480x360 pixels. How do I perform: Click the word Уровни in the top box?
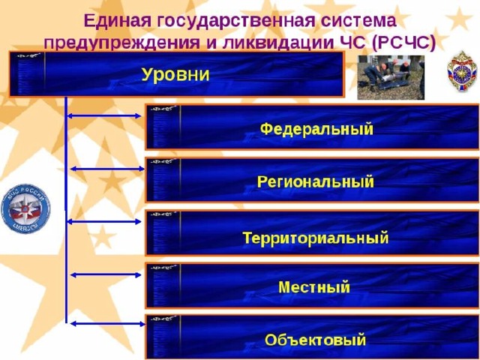point(175,74)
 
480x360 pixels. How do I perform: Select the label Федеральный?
point(316,129)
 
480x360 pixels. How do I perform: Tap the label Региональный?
point(315,181)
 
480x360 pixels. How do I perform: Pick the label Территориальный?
point(316,238)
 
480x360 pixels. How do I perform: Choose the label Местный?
point(314,287)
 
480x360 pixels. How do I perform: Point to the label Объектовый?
point(315,340)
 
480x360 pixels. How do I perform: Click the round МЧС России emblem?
point(25,208)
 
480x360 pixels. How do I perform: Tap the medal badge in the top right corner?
point(462,71)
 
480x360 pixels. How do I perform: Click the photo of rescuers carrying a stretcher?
point(391,77)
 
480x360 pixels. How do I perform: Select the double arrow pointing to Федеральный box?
point(104,116)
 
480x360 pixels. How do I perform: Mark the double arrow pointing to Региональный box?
point(107,169)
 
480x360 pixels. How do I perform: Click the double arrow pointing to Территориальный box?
point(104,222)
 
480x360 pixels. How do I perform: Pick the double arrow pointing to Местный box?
point(106,275)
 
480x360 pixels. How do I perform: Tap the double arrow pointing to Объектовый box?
point(107,323)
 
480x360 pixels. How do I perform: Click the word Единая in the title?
point(118,21)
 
